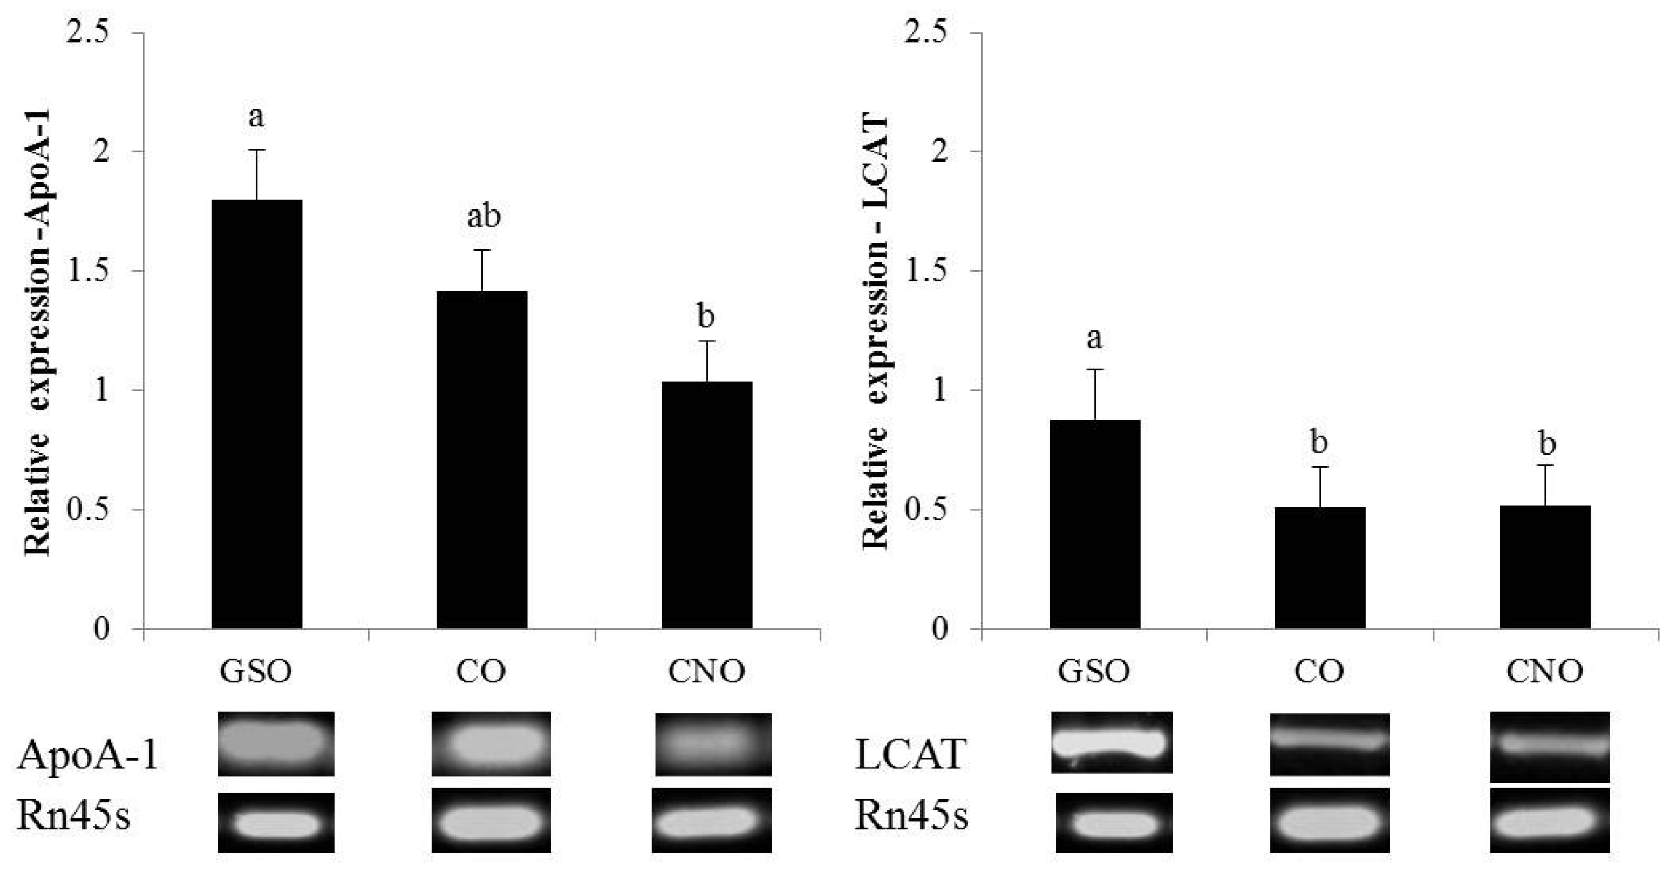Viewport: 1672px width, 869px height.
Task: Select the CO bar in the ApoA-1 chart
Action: [482, 460]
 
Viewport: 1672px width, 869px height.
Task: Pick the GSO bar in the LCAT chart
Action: [1095, 524]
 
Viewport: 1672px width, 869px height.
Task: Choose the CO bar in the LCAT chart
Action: [1320, 568]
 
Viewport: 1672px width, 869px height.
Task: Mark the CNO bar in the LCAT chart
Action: [1545, 567]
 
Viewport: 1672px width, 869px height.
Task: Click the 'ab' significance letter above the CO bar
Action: [484, 217]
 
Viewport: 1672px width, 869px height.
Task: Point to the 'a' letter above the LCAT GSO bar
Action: [1094, 338]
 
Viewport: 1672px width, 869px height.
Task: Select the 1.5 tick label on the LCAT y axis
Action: [927, 271]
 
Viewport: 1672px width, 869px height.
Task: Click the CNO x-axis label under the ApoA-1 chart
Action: [707, 671]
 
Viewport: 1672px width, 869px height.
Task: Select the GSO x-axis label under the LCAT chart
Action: [1094, 671]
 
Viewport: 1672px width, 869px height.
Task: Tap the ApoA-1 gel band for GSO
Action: [276, 743]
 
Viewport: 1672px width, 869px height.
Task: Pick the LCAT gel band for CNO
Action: [1550, 745]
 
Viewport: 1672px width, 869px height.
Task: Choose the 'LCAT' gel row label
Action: [910, 754]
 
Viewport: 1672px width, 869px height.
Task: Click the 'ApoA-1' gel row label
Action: [89, 754]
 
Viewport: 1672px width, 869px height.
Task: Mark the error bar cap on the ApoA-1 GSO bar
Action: [257, 149]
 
